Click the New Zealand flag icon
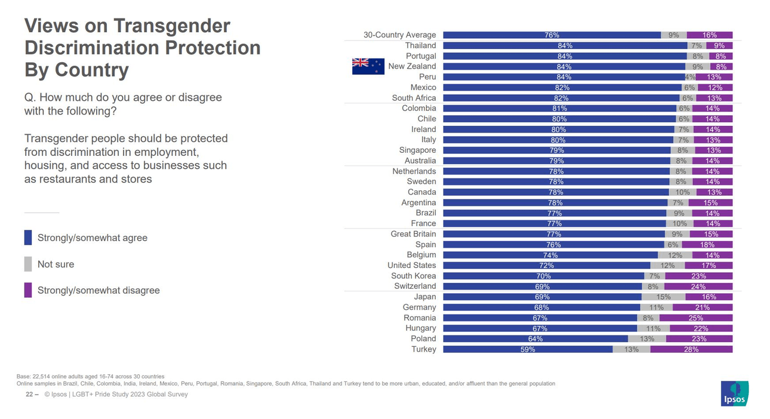368,66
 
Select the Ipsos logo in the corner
734,394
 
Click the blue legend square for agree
28,238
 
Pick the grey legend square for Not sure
28,264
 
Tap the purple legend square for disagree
28,291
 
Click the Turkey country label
424,349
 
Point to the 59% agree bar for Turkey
528,349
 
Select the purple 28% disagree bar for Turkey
691,349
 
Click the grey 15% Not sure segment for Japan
663,297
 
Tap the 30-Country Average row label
400,35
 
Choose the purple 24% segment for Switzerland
698,286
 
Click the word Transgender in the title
171,26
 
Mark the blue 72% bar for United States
547,266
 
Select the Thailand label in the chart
420,45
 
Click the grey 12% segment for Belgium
675,255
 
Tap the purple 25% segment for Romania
696,318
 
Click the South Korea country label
414,276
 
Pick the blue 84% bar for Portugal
565,56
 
